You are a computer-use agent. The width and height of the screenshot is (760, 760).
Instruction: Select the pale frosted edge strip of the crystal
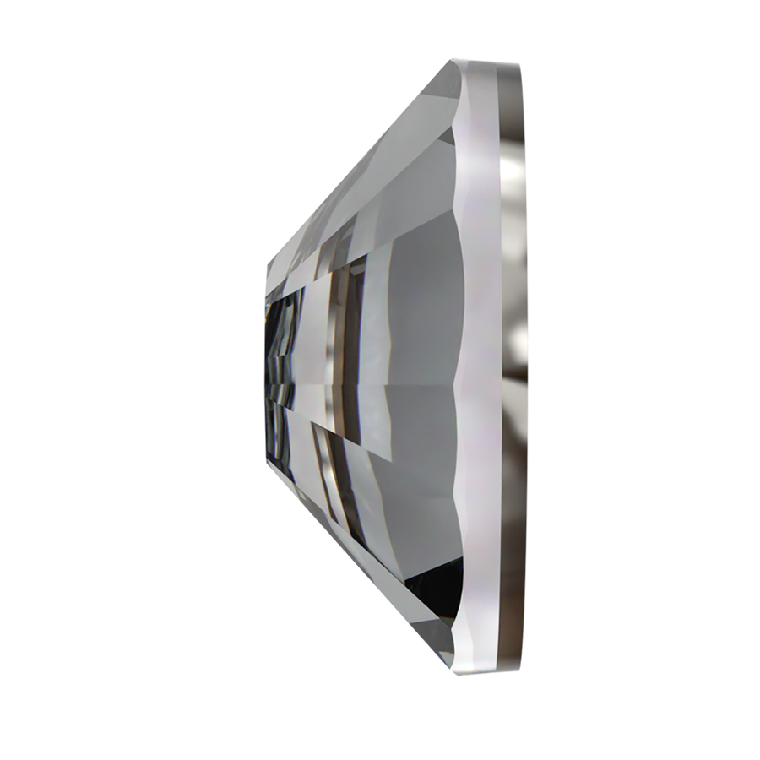click(486, 363)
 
